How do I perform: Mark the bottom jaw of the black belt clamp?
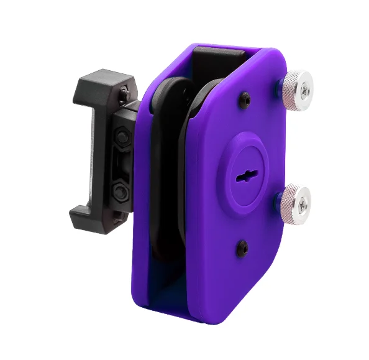93,218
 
